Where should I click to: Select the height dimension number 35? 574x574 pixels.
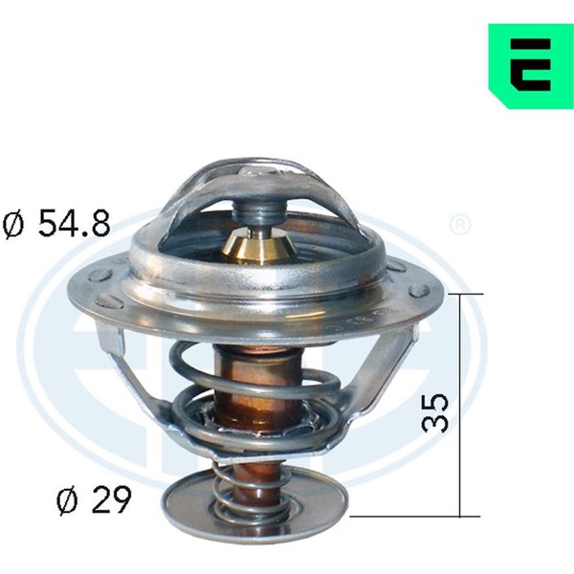tap(435, 413)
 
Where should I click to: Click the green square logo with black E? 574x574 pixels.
tap(531, 66)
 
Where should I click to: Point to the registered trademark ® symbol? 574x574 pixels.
tap(460, 226)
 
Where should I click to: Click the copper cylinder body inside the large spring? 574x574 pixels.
tap(256, 388)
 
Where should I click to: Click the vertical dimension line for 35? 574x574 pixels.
tap(460, 405)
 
